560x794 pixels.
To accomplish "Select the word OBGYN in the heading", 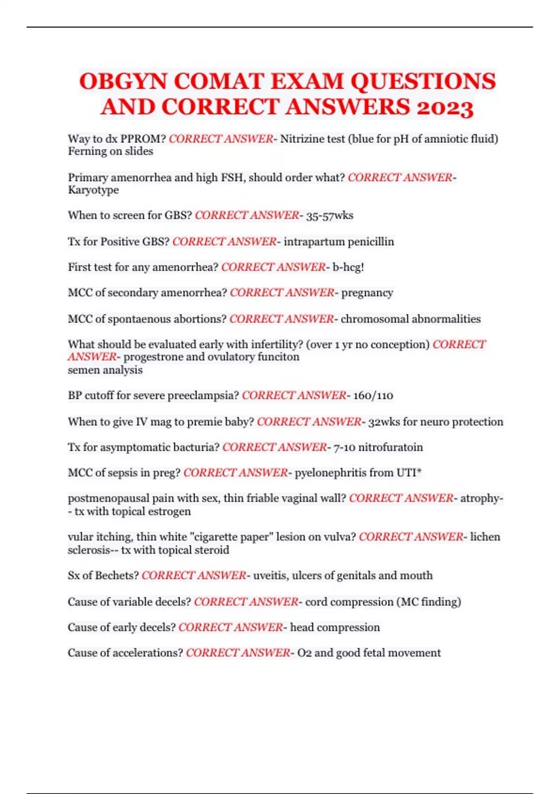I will [123, 81].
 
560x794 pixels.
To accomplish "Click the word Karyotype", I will [93, 190].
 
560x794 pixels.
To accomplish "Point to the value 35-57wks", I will [329, 215].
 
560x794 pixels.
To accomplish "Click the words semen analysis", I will [105, 370].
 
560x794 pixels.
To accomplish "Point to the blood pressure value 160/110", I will [373, 396].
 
